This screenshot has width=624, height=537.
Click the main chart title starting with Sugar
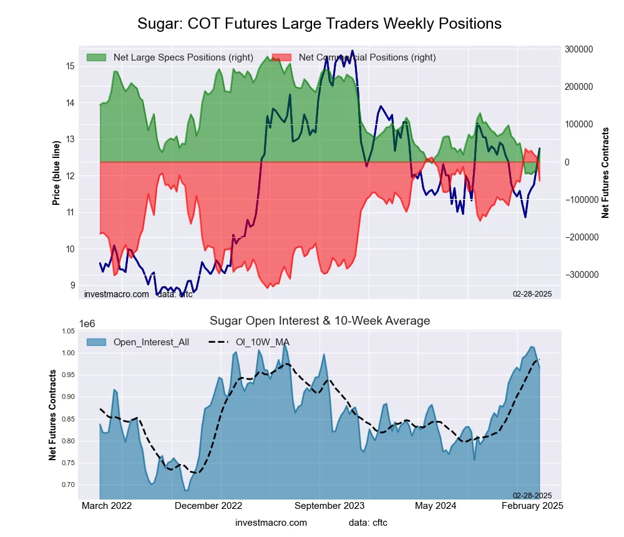coord(319,24)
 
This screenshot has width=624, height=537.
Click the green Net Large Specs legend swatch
coord(96,57)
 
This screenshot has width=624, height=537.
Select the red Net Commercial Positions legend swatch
coord(282,57)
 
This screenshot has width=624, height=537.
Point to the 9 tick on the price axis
coord(72,285)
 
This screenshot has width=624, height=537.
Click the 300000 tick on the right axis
coord(578,49)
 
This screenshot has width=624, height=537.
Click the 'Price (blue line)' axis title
coord(57,174)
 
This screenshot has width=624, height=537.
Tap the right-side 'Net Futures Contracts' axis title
coord(605,173)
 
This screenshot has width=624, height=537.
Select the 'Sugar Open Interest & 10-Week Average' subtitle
coord(319,321)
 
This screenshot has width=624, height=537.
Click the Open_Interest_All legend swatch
coord(96,342)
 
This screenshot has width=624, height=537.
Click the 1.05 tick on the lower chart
coord(67,331)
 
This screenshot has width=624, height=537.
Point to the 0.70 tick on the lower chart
coord(67,485)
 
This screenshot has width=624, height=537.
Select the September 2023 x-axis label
coord(328,506)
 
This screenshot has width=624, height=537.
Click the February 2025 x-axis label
coord(532,506)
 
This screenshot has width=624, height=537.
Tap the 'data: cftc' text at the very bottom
coord(368,523)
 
